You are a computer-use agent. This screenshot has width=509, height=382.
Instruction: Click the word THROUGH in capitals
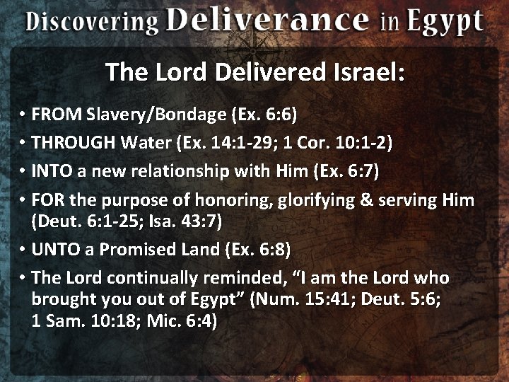point(74,143)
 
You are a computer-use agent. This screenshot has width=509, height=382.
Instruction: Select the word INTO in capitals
point(51,170)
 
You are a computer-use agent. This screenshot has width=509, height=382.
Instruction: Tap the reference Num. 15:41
point(305,299)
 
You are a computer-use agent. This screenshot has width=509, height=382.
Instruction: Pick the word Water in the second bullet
point(146,143)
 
